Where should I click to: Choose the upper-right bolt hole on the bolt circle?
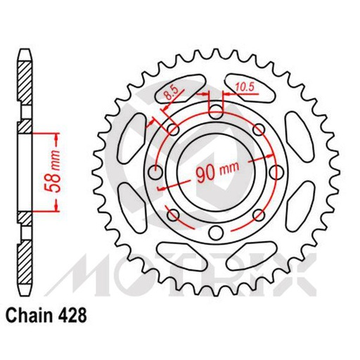257,130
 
